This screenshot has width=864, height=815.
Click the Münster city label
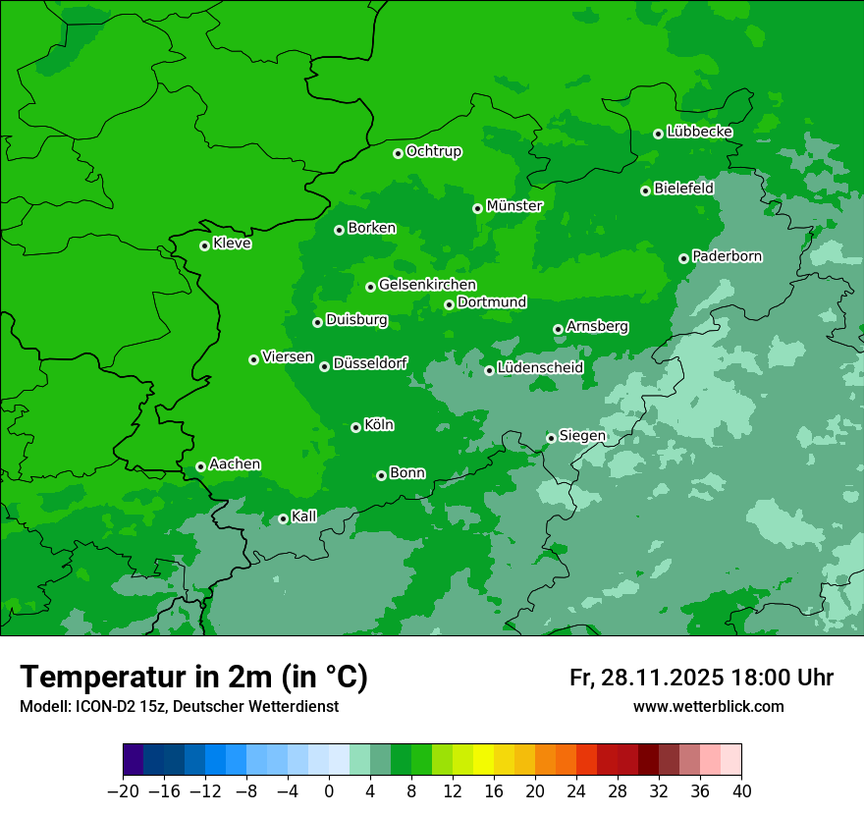click(514, 206)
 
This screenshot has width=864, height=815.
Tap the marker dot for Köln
click(355, 427)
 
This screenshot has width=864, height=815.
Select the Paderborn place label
click(728, 256)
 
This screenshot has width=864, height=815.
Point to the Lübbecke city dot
click(658, 134)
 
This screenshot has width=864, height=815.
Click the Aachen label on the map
click(235, 464)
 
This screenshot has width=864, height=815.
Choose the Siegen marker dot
click(551, 438)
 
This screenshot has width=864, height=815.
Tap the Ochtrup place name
click(434, 151)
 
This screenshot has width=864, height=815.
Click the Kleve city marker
click(204, 245)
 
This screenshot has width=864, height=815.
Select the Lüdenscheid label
click(540, 368)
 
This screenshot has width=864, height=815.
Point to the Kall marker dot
click(283, 518)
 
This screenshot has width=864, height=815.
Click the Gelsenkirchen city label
click(427, 285)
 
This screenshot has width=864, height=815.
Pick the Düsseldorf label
click(370, 363)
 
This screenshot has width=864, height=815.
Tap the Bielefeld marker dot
click(645, 190)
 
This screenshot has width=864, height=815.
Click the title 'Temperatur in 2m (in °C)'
click(194, 677)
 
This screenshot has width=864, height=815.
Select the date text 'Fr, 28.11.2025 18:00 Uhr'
click(701, 678)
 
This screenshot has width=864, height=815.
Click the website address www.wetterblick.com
click(708, 706)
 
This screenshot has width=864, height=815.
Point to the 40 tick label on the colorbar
click(741, 791)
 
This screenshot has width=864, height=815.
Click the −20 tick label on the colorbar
click(123, 791)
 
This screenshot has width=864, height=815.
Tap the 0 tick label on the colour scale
click(329, 791)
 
